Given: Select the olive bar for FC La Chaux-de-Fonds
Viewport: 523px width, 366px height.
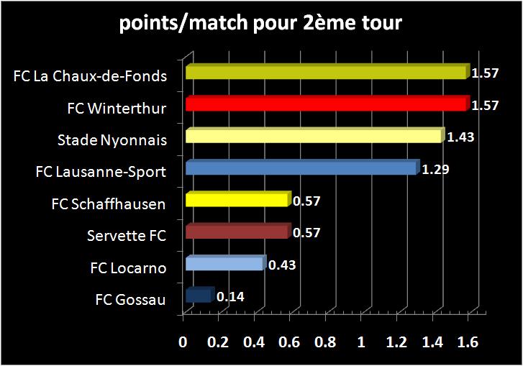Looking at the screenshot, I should [x=325, y=73].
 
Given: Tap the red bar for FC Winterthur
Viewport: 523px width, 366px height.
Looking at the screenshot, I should [x=325, y=105].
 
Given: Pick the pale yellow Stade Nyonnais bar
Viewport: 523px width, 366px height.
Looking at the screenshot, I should [x=313, y=137].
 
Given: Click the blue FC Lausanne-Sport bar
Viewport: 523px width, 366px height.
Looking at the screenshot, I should [x=301, y=168].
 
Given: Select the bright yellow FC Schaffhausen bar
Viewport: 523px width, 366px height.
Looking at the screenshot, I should [x=237, y=200].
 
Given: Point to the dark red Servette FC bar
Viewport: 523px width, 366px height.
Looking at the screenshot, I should [x=237, y=232].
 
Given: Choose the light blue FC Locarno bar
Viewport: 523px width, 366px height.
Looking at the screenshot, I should [x=224, y=264].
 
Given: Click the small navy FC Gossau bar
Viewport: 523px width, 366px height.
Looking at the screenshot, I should [x=199, y=296].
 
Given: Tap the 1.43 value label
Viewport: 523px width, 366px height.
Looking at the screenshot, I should [x=460, y=137].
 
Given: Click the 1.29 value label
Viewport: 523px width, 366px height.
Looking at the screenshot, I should [x=435, y=169].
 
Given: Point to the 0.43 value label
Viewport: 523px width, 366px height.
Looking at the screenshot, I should [x=282, y=265].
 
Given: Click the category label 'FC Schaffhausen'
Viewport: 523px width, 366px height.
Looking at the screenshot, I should [x=109, y=204].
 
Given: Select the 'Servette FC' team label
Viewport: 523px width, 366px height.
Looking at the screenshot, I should [x=126, y=236].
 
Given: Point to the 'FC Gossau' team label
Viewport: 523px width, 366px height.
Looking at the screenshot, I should [x=130, y=299].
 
